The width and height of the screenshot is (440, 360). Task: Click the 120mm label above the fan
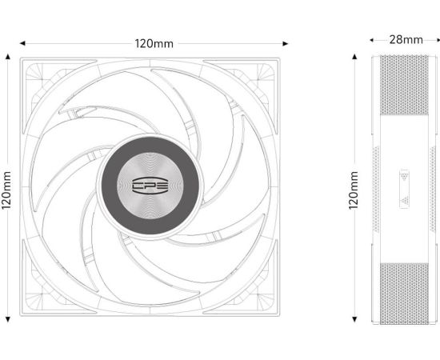click(154, 44)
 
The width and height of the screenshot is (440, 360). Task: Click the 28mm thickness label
click(406, 39)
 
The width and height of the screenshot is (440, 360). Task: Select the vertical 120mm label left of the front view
click(6, 190)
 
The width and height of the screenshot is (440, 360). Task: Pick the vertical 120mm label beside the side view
click(354, 190)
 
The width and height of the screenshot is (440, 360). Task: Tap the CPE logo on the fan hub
click(150, 186)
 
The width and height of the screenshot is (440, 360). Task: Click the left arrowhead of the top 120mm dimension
click(22, 43)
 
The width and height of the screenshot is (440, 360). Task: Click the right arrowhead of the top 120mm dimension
click(286, 43)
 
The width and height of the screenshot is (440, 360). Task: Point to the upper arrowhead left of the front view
click(8, 56)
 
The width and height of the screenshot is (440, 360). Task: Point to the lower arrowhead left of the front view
click(8, 319)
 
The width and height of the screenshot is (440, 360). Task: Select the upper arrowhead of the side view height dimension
click(354, 56)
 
